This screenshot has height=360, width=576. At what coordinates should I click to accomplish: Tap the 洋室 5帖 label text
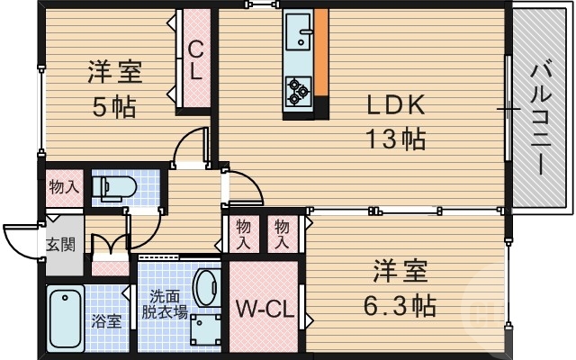(x=114, y=88)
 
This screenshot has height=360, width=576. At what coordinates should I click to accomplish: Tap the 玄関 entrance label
(x=60, y=244)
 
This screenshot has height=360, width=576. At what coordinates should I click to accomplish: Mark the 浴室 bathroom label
(x=106, y=321)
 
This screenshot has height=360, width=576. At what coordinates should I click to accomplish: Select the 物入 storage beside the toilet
(x=64, y=187)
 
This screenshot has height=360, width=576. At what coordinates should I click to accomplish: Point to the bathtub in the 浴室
(x=65, y=319)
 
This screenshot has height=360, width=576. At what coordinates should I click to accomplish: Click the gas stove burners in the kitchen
(x=298, y=88)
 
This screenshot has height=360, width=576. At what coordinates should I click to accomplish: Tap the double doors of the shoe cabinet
(x=110, y=247)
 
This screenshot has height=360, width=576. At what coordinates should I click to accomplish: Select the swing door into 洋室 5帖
(x=192, y=148)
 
